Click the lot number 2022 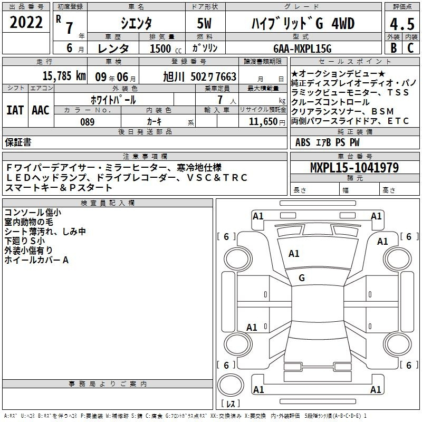26,22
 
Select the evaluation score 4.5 402,24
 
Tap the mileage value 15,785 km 64,76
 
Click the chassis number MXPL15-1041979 354,167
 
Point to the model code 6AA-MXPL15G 302,49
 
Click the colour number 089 88,122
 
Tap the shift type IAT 15,110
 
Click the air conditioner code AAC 41,110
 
